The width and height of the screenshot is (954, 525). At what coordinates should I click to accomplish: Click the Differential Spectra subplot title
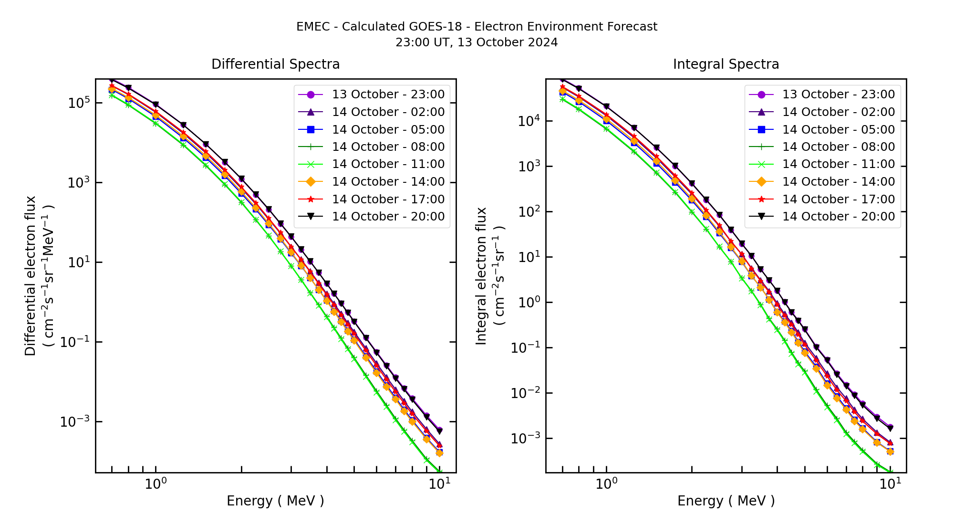point(275,64)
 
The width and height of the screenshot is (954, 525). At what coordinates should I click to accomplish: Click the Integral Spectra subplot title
point(726,64)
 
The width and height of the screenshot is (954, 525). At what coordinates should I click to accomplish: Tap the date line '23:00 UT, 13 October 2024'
point(477,42)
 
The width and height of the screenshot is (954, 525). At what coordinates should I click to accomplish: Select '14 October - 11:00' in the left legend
point(388,164)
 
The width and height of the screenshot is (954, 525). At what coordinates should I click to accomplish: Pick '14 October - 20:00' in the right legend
point(838,217)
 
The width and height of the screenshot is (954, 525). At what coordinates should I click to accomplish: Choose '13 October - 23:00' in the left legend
point(388,94)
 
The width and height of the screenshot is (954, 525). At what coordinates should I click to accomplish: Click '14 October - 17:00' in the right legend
point(838,199)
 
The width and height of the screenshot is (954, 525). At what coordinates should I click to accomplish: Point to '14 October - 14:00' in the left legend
point(388,182)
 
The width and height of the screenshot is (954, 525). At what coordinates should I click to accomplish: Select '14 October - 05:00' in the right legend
point(838,129)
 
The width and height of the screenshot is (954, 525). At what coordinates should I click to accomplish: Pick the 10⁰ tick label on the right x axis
point(606,483)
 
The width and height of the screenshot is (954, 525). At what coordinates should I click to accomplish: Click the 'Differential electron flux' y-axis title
point(31,275)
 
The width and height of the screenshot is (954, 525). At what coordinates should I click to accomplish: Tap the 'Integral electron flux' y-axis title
point(481,275)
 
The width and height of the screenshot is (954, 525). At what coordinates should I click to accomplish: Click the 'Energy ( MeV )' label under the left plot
point(275,501)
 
